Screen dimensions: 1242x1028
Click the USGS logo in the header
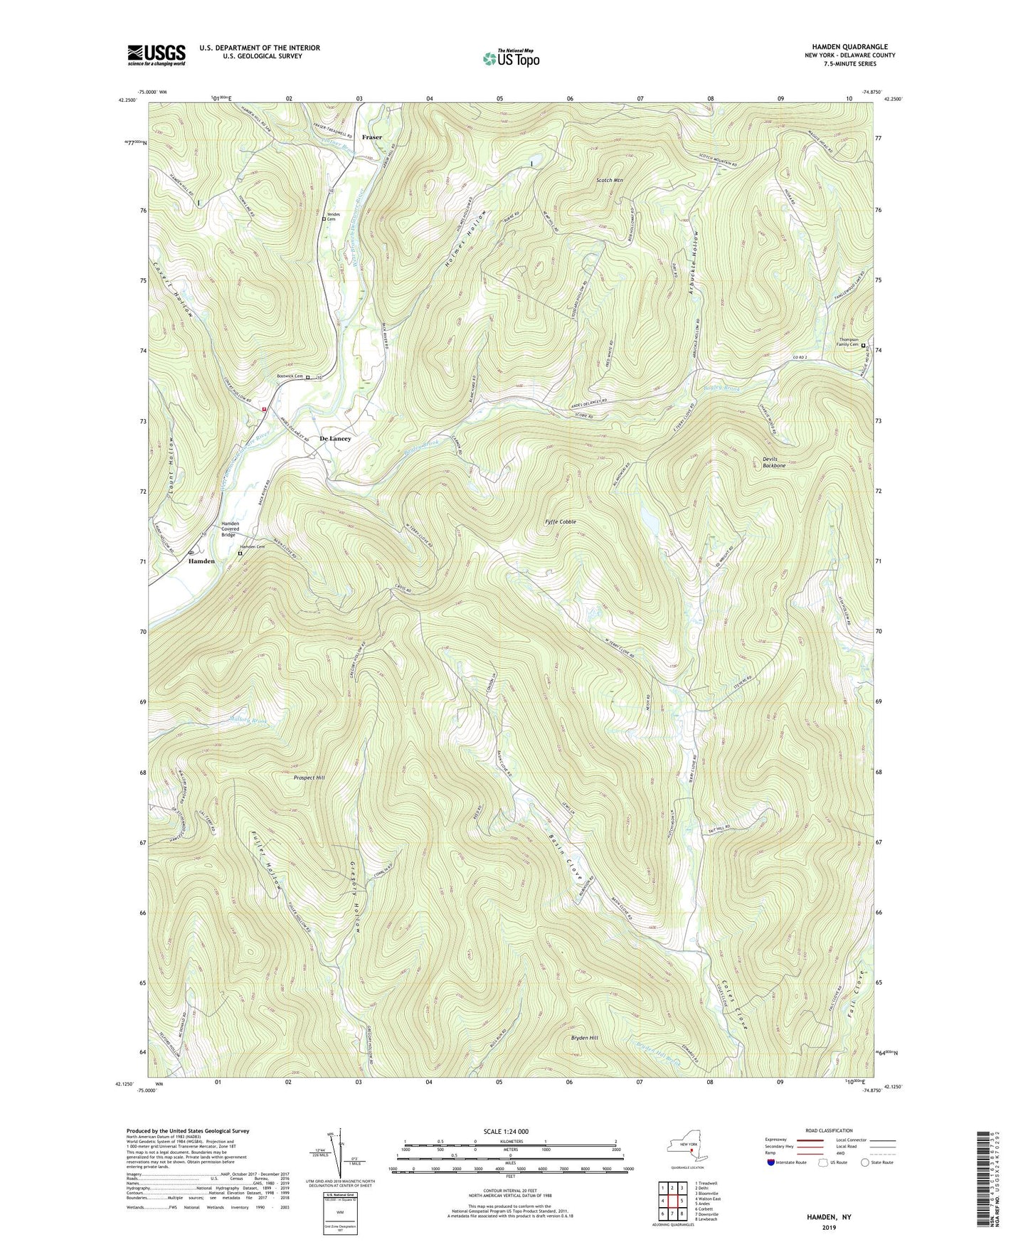click(157, 55)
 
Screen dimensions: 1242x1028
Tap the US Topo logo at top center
click(510, 58)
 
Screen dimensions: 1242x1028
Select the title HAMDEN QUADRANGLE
click(849, 47)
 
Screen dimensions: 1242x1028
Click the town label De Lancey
click(335, 439)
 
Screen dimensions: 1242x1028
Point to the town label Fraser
click(371, 137)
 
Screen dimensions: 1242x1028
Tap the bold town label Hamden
click(201, 561)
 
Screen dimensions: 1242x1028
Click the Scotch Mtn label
click(609, 181)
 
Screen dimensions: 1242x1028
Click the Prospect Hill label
click(309, 778)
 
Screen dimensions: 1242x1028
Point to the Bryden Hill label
click(585, 1038)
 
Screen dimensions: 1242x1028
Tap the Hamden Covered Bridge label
click(231, 529)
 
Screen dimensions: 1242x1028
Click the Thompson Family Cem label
click(845, 346)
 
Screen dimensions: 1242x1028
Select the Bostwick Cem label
click(289, 377)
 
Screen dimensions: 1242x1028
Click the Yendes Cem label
click(333, 217)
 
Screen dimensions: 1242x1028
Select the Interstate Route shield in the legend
click(771, 1163)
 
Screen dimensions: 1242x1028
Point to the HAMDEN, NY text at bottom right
click(828, 1217)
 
